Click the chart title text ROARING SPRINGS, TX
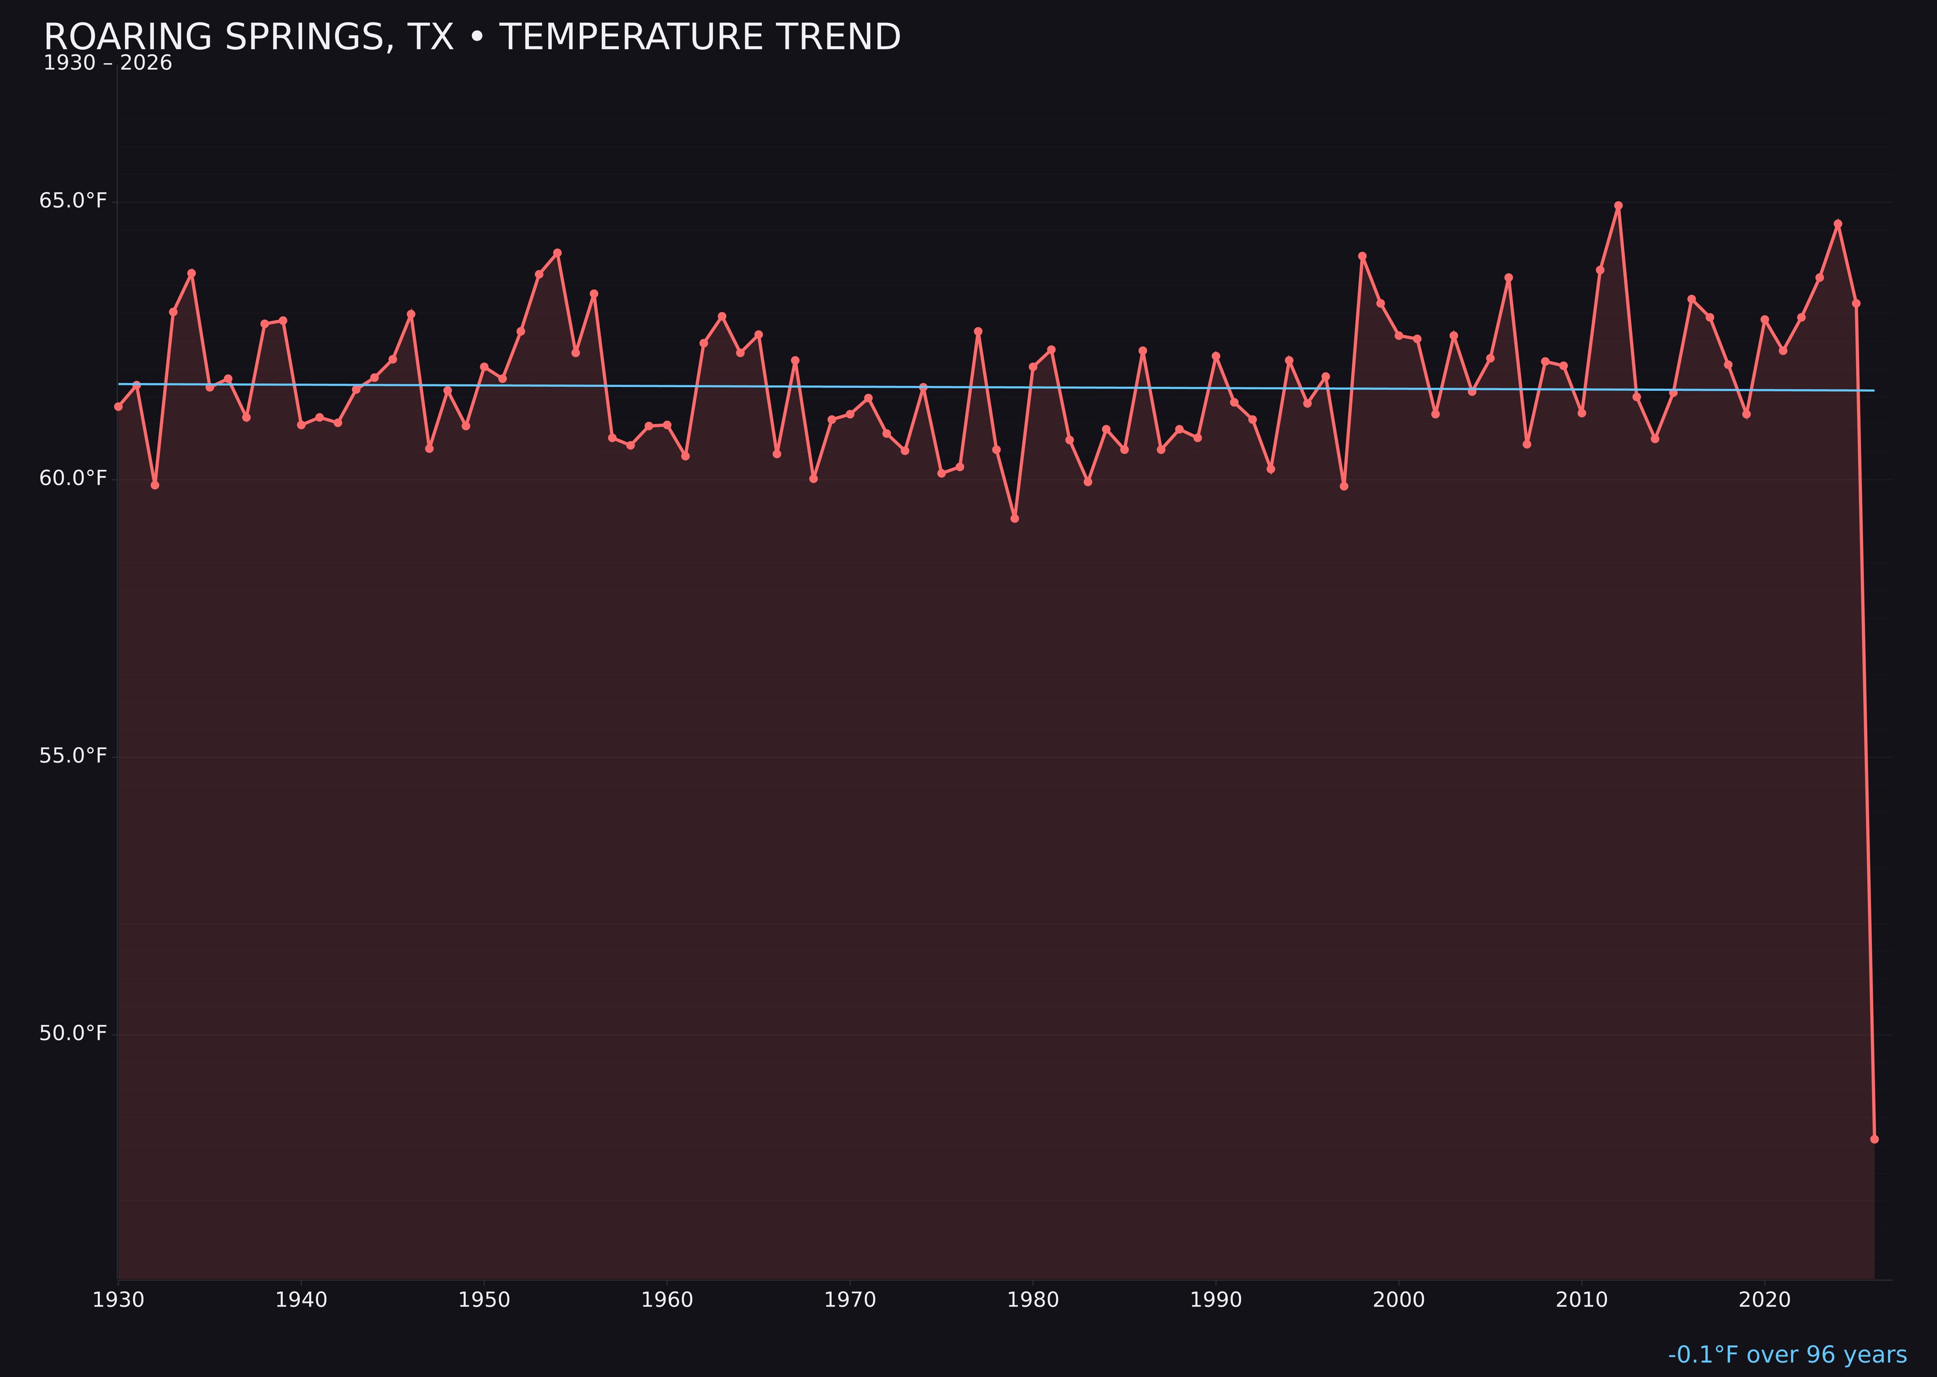(472, 37)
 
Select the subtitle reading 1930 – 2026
(108, 63)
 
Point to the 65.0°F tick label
(73, 201)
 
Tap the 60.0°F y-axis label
(73, 478)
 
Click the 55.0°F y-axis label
(73, 755)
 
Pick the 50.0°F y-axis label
(73, 1034)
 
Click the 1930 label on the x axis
(118, 1300)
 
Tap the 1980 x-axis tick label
(1033, 1300)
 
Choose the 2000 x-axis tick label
(1399, 1300)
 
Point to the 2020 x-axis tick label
(1764, 1300)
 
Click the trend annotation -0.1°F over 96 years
(1787, 1355)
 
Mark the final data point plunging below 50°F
(1874, 1139)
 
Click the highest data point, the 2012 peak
(1618, 205)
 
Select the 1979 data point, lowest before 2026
(1015, 518)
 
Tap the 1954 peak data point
(557, 253)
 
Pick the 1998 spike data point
(1362, 256)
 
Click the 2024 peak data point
(1838, 224)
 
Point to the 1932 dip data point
(154, 485)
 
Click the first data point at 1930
(118, 407)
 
